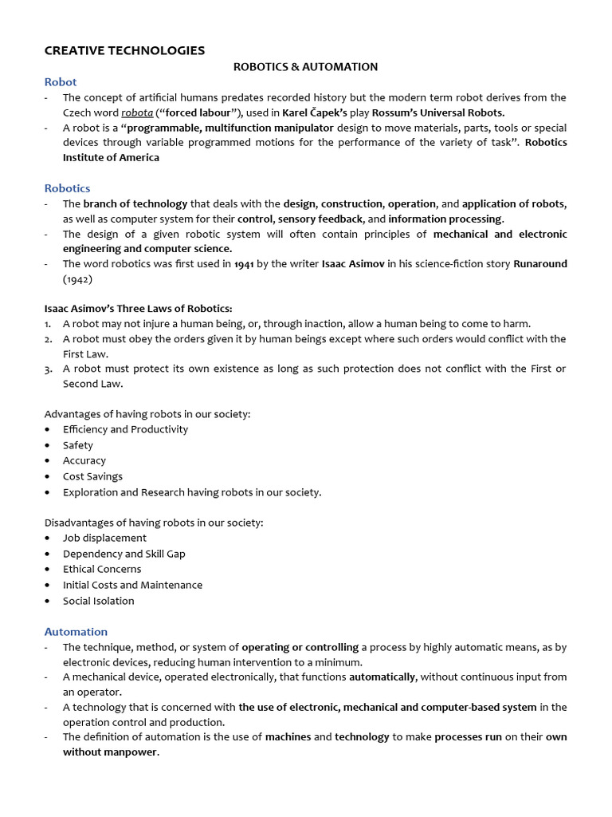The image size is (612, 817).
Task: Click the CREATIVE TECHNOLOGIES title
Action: tap(124, 50)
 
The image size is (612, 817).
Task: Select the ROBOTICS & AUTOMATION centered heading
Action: tap(305, 67)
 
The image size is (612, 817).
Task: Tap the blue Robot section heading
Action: tap(61, 81)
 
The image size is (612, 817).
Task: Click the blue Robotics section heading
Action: tap(67, 188)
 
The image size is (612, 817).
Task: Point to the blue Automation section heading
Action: tap(76, 631)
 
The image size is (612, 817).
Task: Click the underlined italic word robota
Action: tap(137, 112)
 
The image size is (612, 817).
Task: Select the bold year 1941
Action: tap(244, 264)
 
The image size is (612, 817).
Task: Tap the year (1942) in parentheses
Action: tap(78, 279)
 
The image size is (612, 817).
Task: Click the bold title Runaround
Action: tap(539, 264)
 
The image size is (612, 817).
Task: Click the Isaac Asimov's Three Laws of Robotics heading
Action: tap(138, 309)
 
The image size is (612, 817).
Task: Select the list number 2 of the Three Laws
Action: tap(48, 339)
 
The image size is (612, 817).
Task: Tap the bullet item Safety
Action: tap(78, 445)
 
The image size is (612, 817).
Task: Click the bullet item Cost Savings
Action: tap(92, 476)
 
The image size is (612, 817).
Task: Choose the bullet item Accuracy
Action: tap(84, 460)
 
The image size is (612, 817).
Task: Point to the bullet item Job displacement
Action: tap(104, 538)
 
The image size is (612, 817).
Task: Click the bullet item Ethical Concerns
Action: tap(102, 569)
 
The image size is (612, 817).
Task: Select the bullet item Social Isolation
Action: tap(99, 601)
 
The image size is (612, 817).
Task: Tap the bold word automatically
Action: tap(382, 677)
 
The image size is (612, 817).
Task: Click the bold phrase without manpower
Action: tap(111, 752)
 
